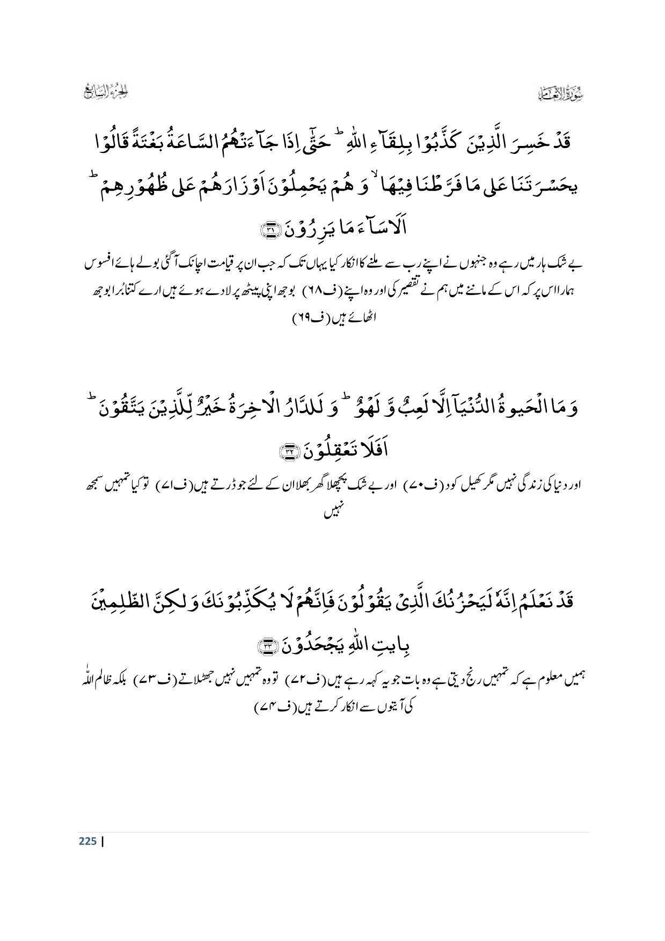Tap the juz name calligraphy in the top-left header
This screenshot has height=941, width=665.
[x=109, y=92]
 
